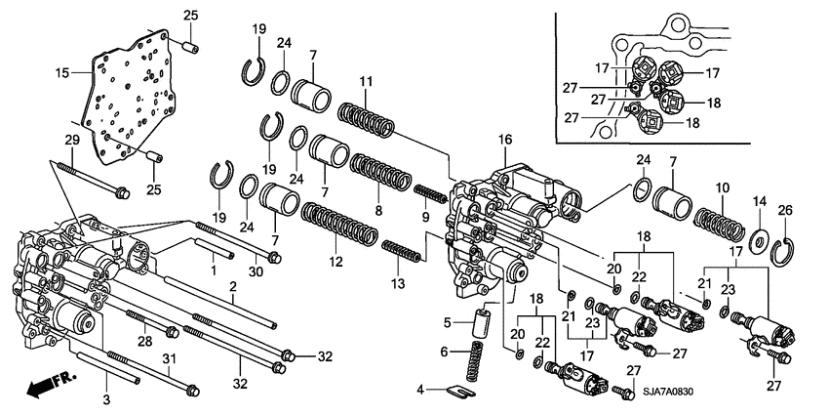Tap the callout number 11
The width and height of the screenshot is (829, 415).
click(367, 80)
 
